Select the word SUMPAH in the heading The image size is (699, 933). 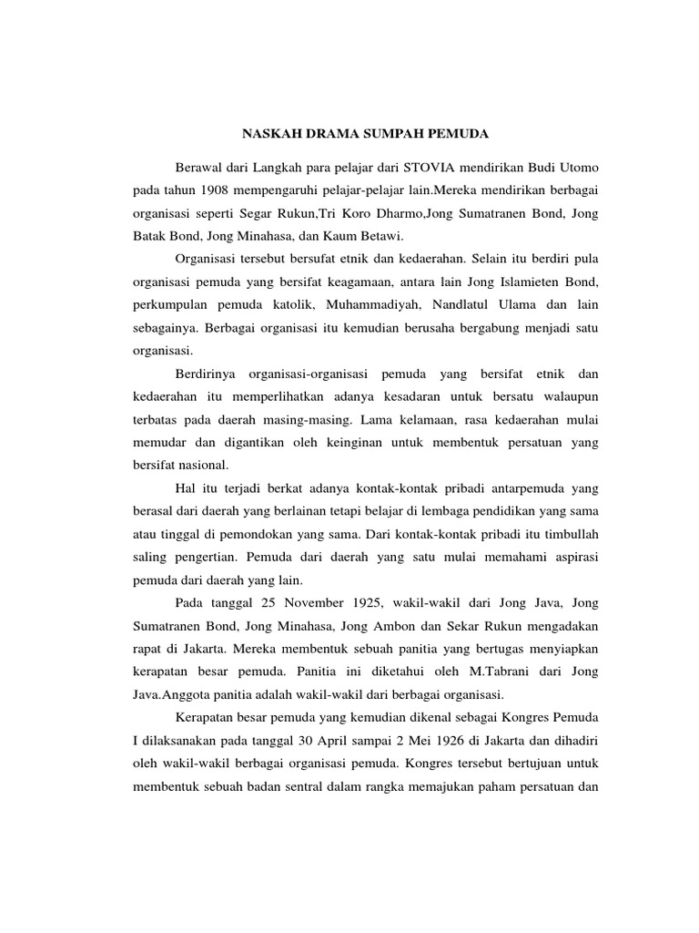point(390,135)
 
